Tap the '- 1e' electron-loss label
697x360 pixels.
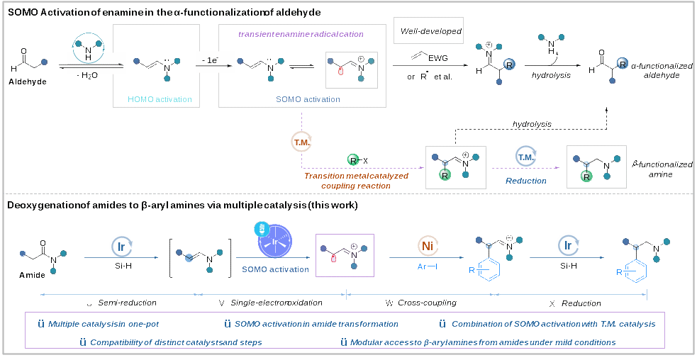210,62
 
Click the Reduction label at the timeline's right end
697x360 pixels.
583,303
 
